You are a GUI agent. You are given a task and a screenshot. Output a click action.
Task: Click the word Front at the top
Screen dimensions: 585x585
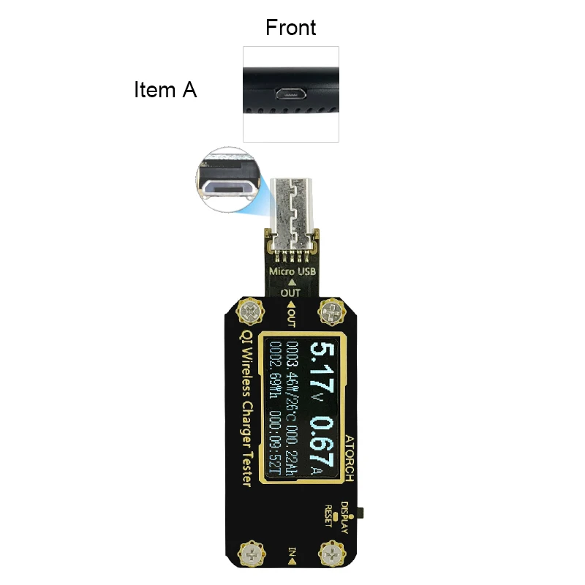[x=290, y=28]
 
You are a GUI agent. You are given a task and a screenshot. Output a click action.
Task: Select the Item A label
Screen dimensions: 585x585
[x=165, y=90]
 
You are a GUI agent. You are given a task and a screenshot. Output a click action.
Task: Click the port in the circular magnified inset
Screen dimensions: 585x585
[x=228, y=188]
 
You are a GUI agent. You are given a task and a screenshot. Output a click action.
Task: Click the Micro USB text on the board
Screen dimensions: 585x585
[x=292, y=273]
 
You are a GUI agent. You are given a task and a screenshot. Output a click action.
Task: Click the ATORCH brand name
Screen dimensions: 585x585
[x=349, y=457]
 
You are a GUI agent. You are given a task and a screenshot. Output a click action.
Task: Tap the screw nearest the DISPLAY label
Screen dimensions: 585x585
[x=331, y=551]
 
